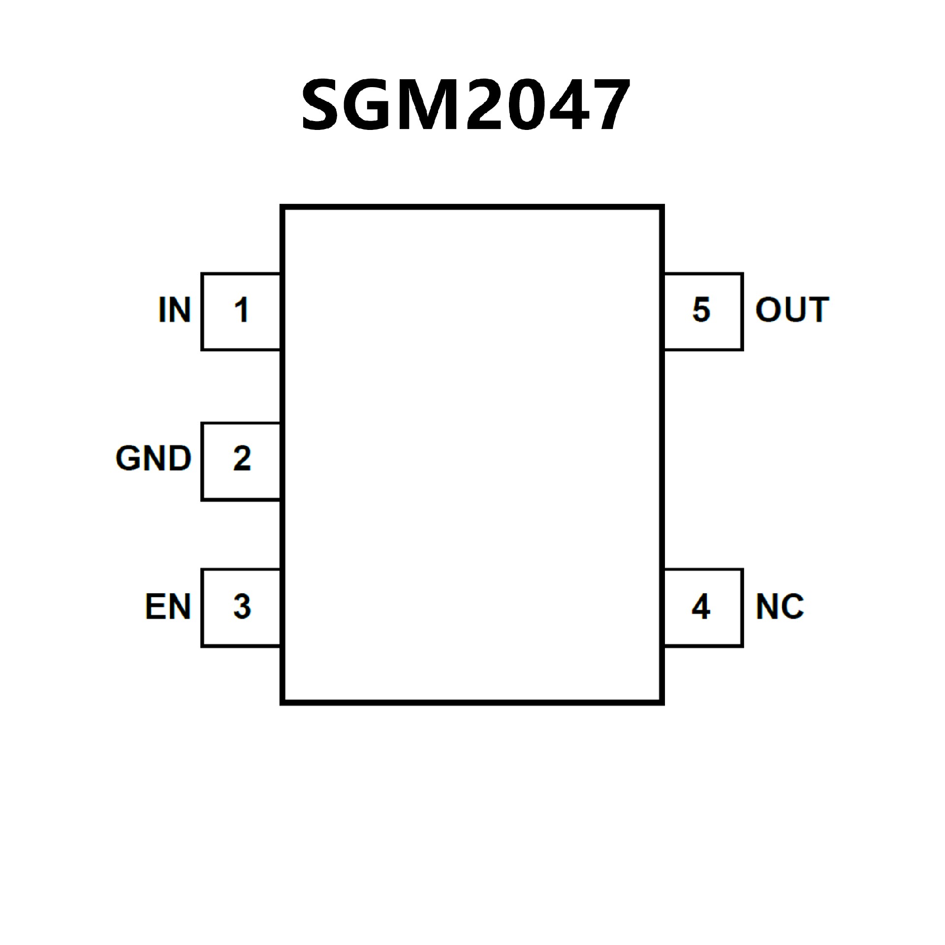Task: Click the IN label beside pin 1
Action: coord(174,310)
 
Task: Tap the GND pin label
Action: coord(154,459)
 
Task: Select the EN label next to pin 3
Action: coord(168,606)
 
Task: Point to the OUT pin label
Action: coord(792,310)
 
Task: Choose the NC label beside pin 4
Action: coord(780,606)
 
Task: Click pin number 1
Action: coord(241,311)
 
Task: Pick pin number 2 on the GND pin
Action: coord(242,459)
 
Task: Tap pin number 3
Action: coord(242,606)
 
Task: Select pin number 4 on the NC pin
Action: coord(701,606)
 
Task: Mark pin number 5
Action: coord(701,310)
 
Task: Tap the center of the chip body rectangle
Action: coord(472,455)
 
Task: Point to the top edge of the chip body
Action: coord(472,207)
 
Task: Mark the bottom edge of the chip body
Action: coord(472,702)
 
